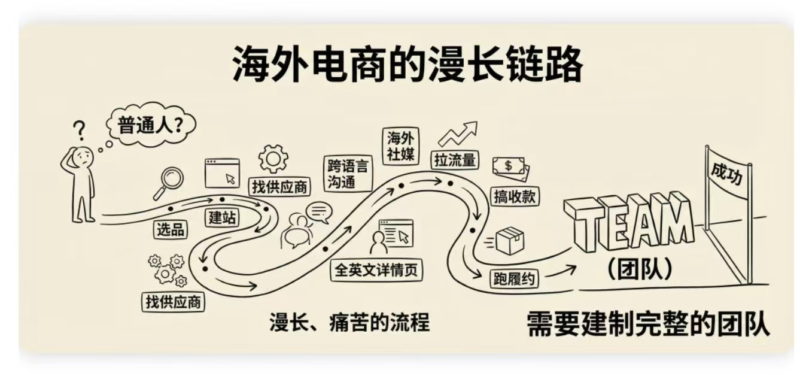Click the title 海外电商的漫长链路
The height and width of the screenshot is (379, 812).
pyautogui.click(x=406, y=65)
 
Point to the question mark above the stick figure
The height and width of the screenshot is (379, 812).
pyautogui.click(x=78, y=129)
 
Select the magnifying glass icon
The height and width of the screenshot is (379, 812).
pyautogui.click(x=169, y=182)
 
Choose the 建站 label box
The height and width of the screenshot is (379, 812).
pyautogui.click(x=222, y=217)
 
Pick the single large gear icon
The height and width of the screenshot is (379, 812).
pyautogui.click(x=273, y=159)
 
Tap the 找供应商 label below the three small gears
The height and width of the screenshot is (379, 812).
pyautogui.click(x=173, y=301)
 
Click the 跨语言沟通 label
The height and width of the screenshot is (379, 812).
pyautogui.click(x=348, y=174)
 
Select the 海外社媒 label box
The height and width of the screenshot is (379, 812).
pyautogui.click(x=401, y=144)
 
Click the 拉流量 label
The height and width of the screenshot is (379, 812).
pyautogui.click(x=455, y=160)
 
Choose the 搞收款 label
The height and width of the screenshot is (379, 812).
pyautogui.click(x=515, y=196)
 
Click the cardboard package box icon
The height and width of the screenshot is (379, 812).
pyautogui.click(x=509, y=241)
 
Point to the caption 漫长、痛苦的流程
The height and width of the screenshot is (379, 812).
pyautogui.click(x=349, y=323)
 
